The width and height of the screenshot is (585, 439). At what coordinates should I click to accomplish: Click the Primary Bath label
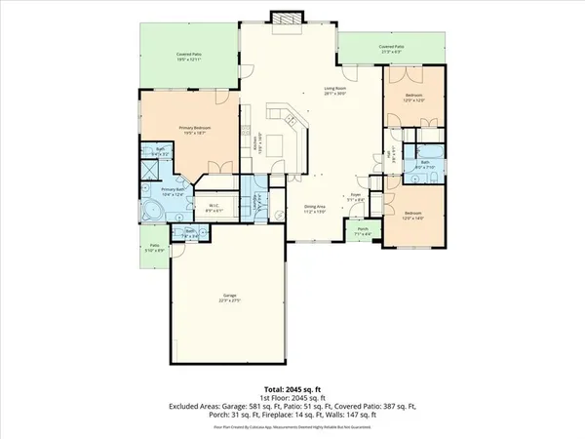click(172, 191)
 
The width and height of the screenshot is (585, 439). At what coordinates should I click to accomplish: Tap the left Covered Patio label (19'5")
click(189, 58)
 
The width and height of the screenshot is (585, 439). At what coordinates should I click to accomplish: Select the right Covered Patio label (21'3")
click(392, 47)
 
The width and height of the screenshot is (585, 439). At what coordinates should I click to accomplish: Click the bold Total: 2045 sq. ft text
click(292, 387)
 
